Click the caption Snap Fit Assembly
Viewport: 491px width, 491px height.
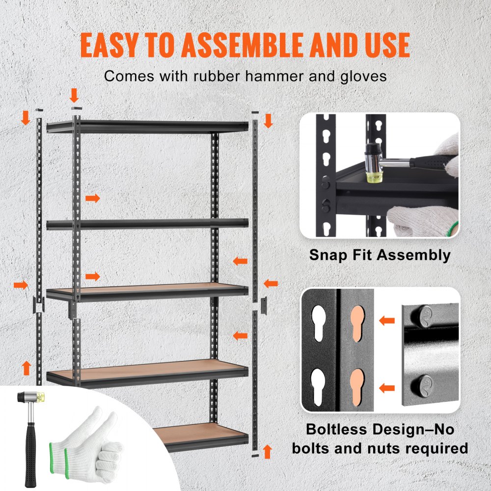pos(380,255)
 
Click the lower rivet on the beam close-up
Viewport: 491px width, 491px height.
pos(425,383)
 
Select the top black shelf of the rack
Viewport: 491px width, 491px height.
pos(147,127)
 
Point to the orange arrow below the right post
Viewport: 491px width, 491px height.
pos(267,451)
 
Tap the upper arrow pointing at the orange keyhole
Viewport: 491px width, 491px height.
pos(387,321)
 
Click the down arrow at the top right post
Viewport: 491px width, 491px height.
pos(268,120)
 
